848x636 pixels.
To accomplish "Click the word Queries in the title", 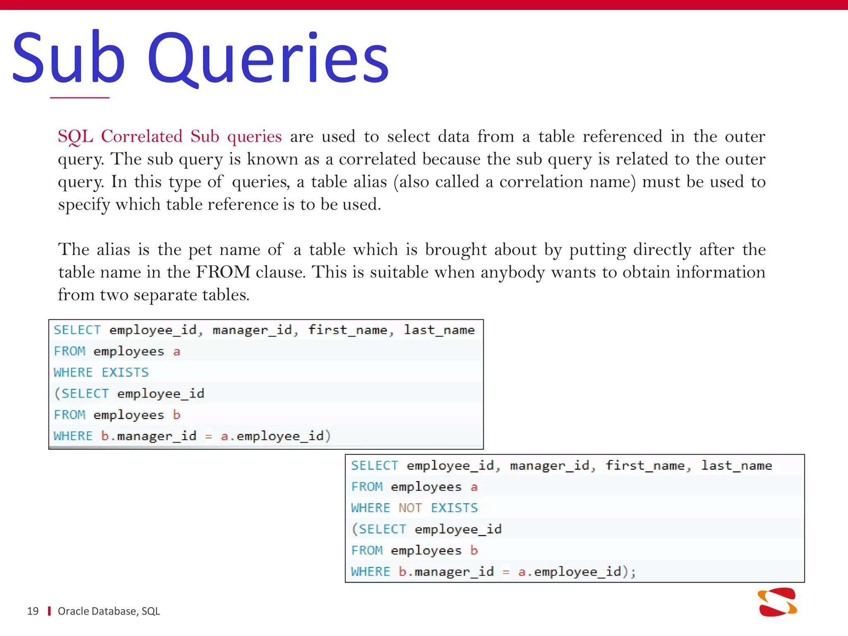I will (268, 58).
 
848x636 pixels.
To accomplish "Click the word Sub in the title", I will (68, 58).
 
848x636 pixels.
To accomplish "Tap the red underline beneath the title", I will (79, 98).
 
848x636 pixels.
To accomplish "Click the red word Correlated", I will (142, 136).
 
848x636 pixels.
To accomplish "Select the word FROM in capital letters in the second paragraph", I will (223, 272).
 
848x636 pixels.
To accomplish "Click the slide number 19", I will (33, 611).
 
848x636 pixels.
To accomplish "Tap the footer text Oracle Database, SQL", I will (108, 611).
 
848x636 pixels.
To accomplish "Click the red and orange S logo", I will (777, 602).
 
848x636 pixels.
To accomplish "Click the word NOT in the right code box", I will (410, 508).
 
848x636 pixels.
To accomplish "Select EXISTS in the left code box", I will (125, 372).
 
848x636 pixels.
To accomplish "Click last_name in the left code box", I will (439, 330).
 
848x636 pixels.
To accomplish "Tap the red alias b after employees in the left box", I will (177, 414).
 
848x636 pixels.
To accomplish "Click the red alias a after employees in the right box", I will (474, 487).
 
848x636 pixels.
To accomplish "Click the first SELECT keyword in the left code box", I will (77, 330).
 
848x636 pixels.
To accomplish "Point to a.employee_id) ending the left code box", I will (275, 436).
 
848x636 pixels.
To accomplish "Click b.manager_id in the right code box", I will (446, 572).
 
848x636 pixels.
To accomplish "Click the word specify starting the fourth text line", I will (84, 205).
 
